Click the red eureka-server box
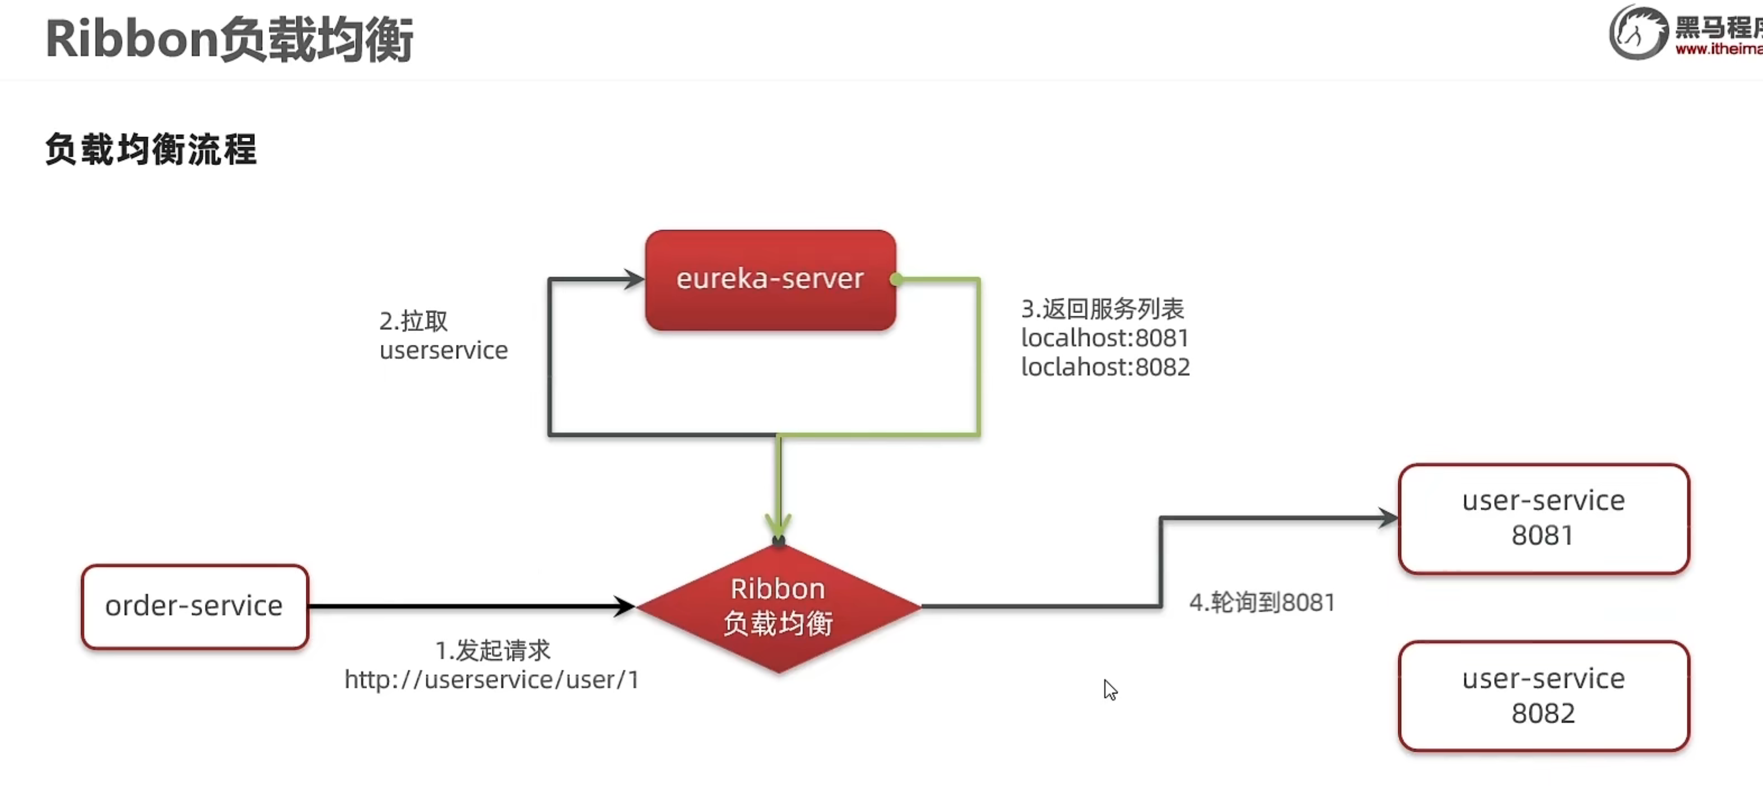point(770,280)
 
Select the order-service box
point(194,606)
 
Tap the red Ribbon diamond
point(778,607)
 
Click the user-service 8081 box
point(1543,518)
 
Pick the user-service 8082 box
point(1543,696)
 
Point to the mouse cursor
point(1109,689)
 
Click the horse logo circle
point(1638,32)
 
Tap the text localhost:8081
point(1104,338)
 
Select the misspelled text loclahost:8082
point(1105,367)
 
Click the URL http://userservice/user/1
point(491,680)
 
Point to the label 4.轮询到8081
point(1262,603)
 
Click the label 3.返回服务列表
point(1102,308)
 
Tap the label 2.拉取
point(413,321)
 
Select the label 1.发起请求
point(493,650)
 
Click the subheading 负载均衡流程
point(151,149)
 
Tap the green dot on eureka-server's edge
point(896,279)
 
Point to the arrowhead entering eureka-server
point(634,279)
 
